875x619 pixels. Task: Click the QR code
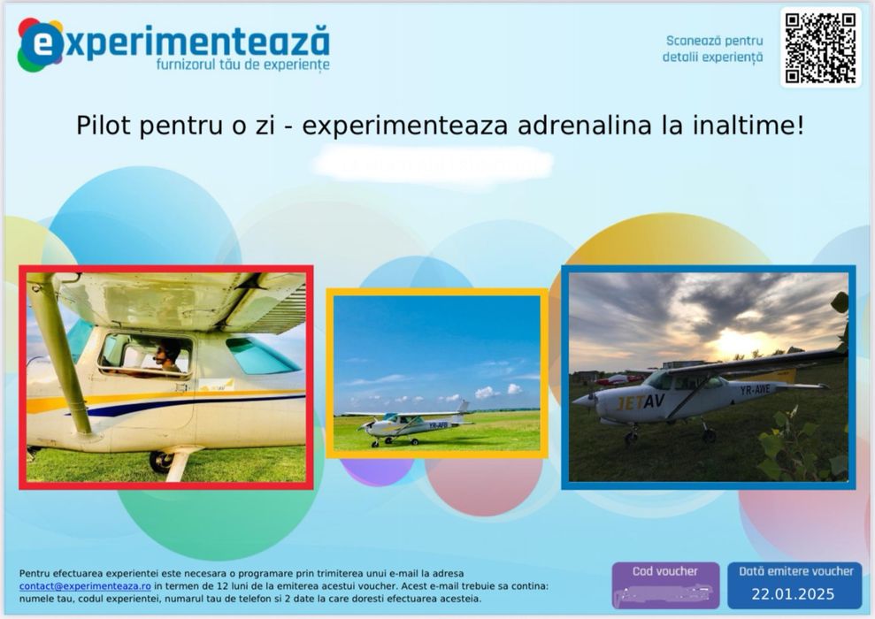tap(820, 48)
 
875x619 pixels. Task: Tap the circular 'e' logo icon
tap(41, 45)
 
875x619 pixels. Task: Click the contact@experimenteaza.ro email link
tap(86, 585)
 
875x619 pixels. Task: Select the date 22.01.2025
tap(794, 594)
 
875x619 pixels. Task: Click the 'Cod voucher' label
tap(664, 571)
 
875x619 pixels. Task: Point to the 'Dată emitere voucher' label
tap(795, 571)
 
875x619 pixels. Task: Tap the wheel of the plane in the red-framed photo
tap(160, 461)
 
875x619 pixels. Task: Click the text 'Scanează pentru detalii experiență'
tap(713, 49)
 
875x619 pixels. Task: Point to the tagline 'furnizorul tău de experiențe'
tap(242, 65)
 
